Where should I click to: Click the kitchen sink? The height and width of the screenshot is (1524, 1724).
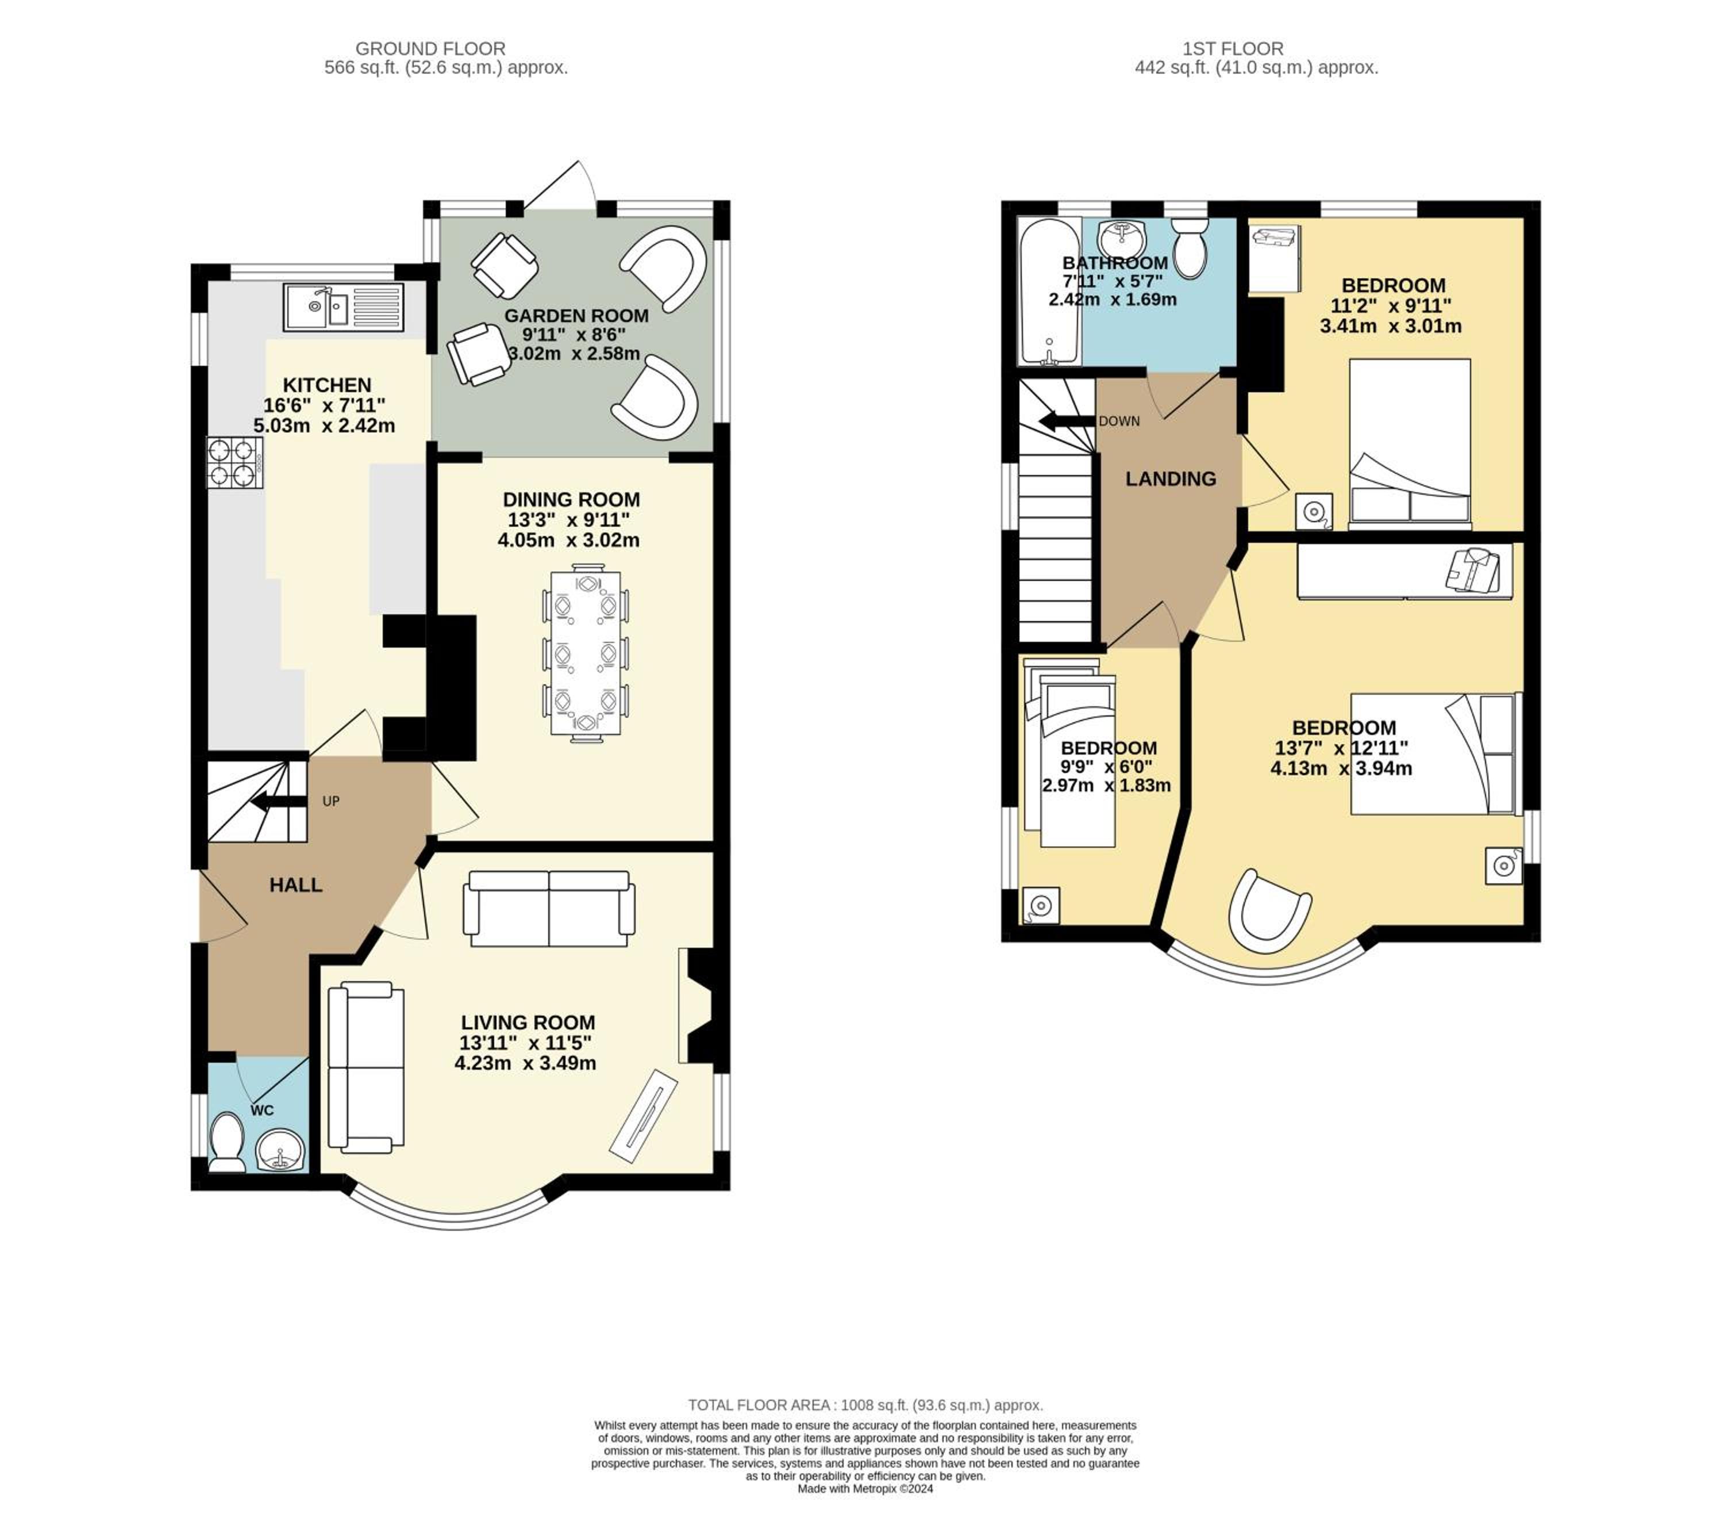point(344,307)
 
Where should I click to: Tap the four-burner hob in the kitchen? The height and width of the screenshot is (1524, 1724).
point(234,462)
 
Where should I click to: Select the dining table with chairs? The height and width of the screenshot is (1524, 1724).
point(586,654)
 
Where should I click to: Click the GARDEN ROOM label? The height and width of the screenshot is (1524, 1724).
point(577,316)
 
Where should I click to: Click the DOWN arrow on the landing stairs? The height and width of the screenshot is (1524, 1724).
point(1066,421)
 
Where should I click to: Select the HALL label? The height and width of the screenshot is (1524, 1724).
point(296,884)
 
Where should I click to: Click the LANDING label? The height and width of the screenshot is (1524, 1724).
point(1171,478)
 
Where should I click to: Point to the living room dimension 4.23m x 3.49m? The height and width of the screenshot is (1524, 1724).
point(525,1062)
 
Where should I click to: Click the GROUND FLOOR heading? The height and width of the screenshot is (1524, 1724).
point(430,49)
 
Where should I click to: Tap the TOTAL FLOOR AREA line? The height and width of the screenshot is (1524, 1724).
point(865,1405)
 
